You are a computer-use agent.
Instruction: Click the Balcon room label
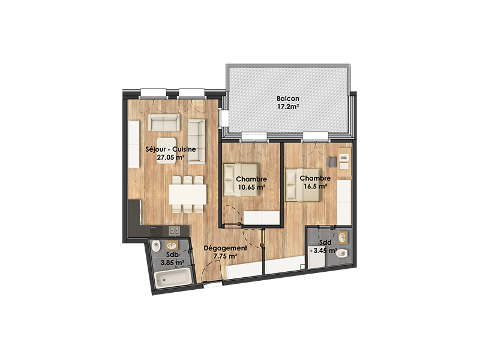click(x=288, y=98)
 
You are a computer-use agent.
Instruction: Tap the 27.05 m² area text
click(x=170, y=158)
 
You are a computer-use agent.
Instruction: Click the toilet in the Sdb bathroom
click(x=157, y=245)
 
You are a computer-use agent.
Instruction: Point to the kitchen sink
click(x=175, y=231)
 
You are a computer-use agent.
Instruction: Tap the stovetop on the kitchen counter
click(x=156, y=231)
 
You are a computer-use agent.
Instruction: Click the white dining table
click(x=188, y=194)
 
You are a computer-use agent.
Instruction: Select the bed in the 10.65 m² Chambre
click(x=241, y=179)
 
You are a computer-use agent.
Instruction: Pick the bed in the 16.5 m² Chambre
click(x=303, y=185)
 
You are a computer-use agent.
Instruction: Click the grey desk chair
click(x=332, y=162)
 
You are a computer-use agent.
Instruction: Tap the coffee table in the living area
click(x=167, y=151)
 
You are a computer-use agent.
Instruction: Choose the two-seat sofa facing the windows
click(x=164, y=122)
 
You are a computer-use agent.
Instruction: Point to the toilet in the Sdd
click(x=341, y=253)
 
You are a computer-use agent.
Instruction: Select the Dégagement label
click(x=226, y=248)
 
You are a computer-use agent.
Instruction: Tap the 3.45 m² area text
click(x=325, y=250)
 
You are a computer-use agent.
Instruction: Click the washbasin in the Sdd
click(x=343, y=237)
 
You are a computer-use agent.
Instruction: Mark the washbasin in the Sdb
click(x=172, y=245)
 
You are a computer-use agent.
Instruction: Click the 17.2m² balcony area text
click(x=288, y=107)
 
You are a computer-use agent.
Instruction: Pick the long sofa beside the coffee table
click(x=196, y=142)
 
